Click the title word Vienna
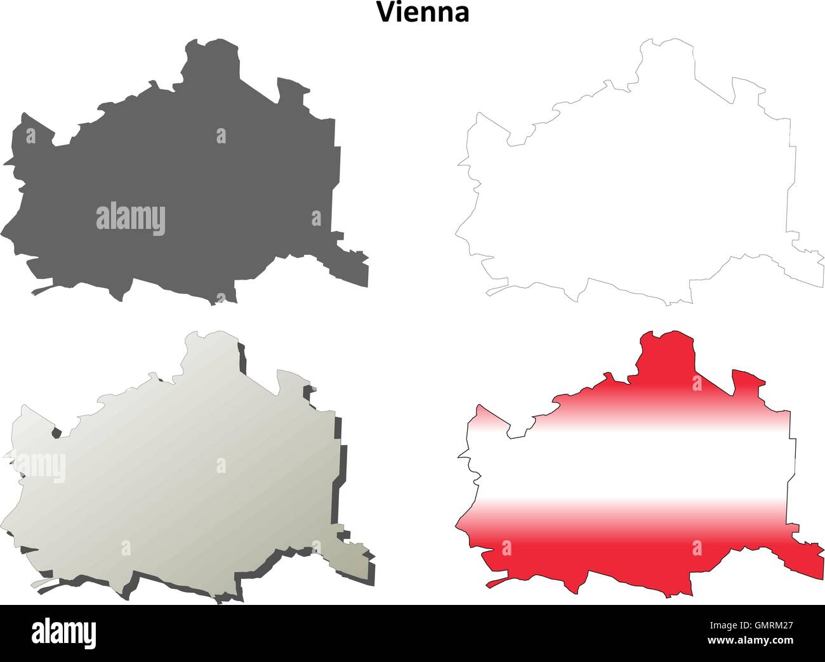[x=423, y=12]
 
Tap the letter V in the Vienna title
[x=385, y=12]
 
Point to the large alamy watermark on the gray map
[x=131, y=219]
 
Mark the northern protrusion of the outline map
[x=666, y=60]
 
